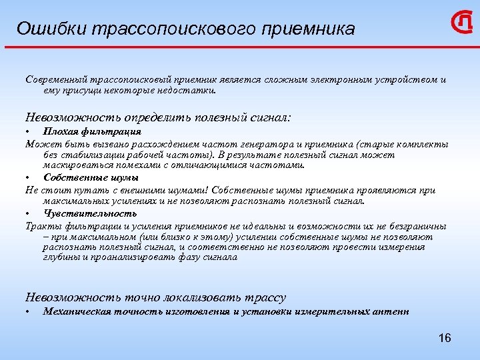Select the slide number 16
tap(445, 339)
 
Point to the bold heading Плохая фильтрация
tap(83, 131)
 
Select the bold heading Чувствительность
tap(90, 213)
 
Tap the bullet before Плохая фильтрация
tap(27, 132)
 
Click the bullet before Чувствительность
tap(27, 214)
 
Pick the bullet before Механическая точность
tap(27, 312)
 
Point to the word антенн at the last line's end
tap(392, 311)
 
